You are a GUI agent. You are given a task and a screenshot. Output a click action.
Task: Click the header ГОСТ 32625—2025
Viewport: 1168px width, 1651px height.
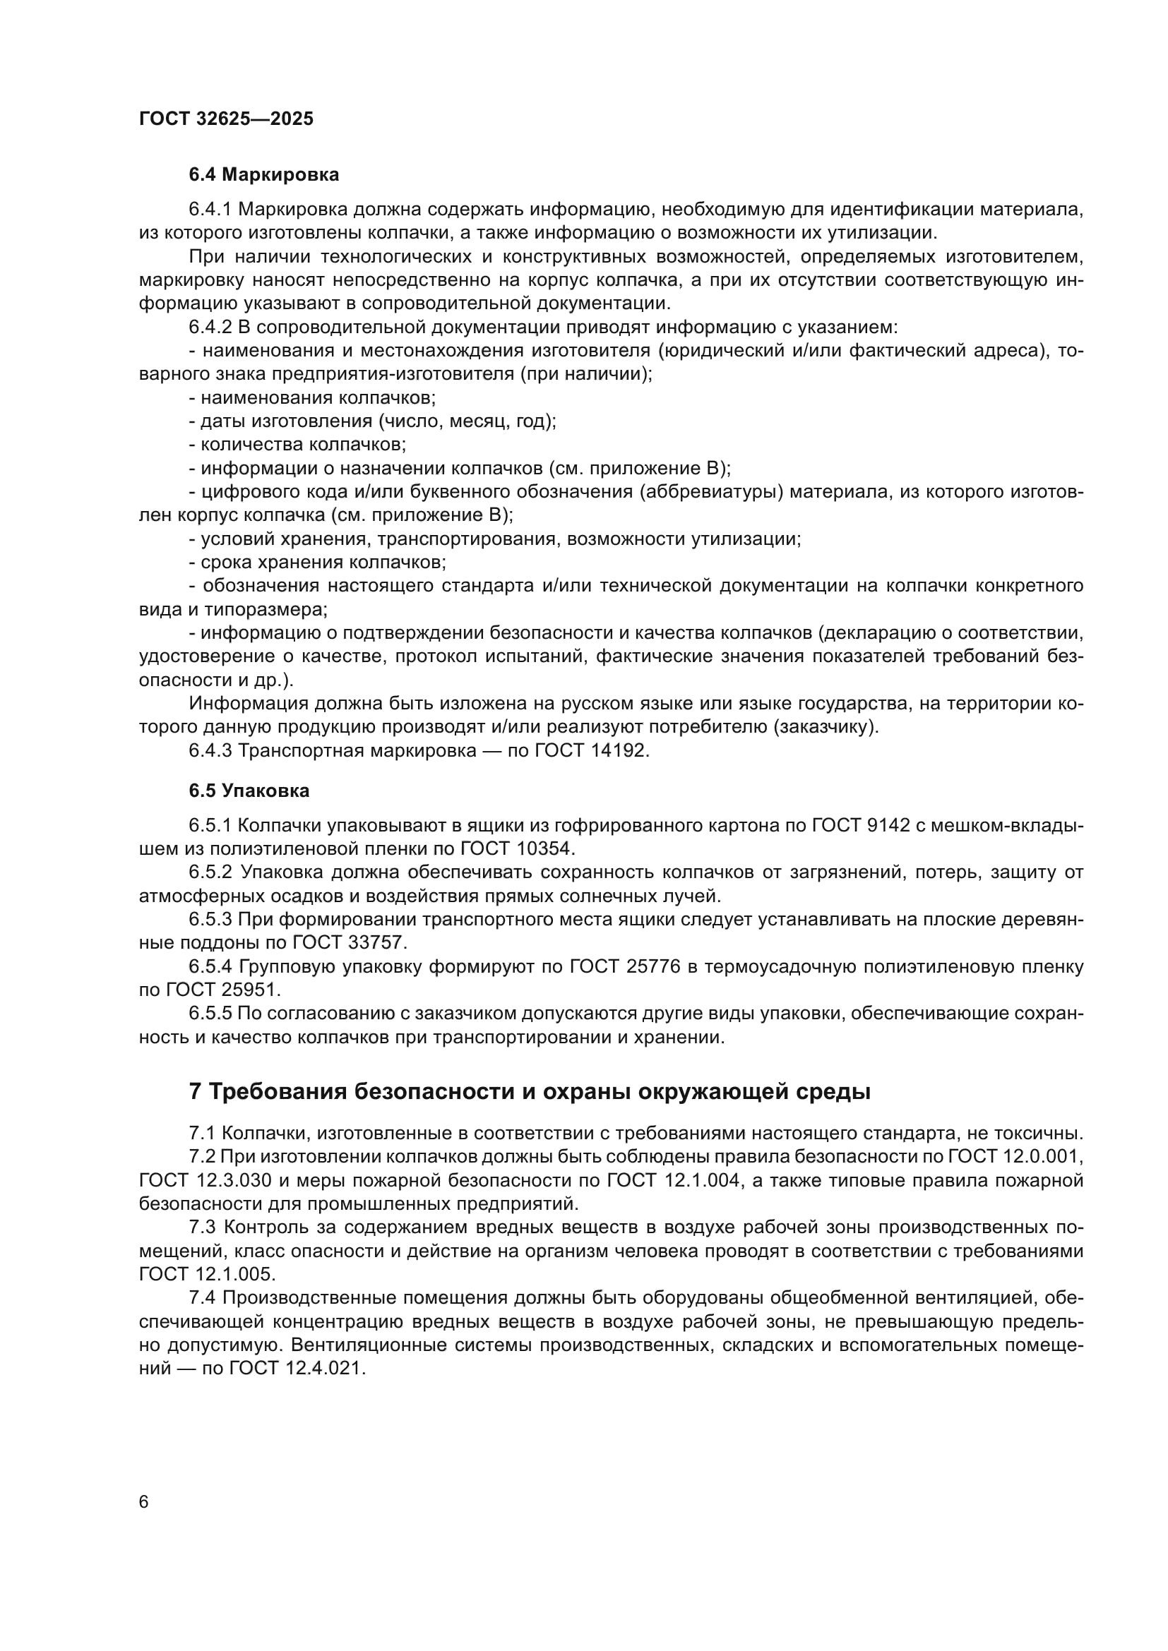226,119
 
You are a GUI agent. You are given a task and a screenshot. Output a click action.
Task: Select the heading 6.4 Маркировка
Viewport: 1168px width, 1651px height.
263,175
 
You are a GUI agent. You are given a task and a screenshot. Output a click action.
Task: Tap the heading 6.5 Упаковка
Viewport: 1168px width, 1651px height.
249,791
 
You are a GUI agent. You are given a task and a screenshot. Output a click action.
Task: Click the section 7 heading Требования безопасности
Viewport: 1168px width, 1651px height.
530,1091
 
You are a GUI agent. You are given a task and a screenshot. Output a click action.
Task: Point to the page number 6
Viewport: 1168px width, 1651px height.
144,1501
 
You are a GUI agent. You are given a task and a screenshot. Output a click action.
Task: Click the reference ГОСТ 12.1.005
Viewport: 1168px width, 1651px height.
207,1274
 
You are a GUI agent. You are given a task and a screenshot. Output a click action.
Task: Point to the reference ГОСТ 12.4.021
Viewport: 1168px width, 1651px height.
297,1369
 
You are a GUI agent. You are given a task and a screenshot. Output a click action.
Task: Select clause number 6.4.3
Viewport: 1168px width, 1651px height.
210,751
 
